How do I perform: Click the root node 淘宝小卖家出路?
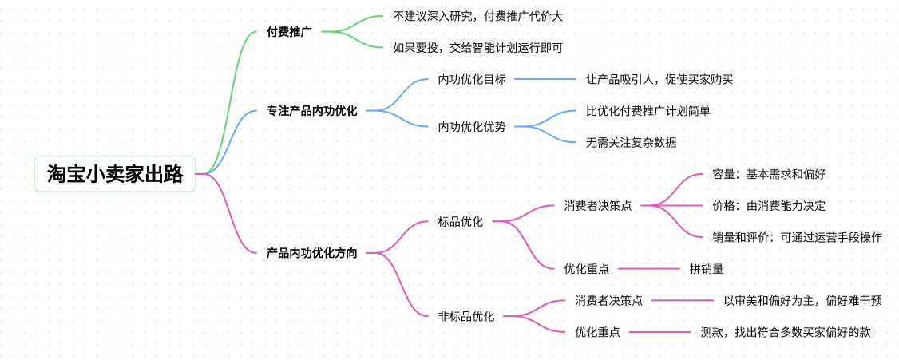coord(115,174)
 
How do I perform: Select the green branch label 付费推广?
coord(289,32)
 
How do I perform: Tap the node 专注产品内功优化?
coord(312,111)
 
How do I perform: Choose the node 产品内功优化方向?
coord(312,253)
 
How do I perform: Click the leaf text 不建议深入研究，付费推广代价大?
coord(472,16)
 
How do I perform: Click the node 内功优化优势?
coord(472,126)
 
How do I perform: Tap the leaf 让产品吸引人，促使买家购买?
coord(659,79)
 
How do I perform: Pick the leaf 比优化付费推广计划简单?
coord(648,111)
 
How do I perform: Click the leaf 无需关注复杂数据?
coord(631,142)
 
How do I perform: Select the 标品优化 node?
coord(461,221)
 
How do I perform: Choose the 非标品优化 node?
coord(466,316)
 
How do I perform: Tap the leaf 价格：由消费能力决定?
coord(769,205)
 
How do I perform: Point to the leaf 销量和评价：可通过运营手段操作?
coord(797,237)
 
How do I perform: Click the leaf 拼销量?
coord(707,269)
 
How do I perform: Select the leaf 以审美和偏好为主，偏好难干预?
coord(802,300)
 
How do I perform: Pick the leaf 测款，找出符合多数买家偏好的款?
coord(786,332)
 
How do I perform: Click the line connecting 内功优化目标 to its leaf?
coord(545,79)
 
